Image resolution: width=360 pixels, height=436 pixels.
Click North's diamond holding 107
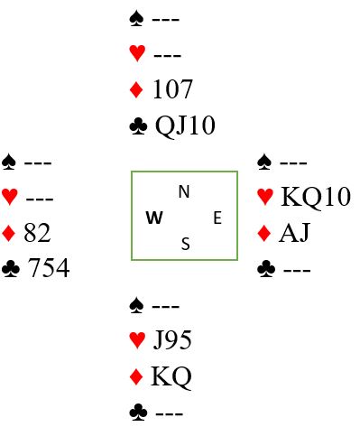pos(172,89)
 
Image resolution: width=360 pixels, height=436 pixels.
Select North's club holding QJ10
pos(185,125)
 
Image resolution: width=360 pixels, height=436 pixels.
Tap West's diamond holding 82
pos(37,233)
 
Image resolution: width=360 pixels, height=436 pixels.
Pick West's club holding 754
pos(49,268)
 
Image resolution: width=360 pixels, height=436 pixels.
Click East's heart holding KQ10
pos(316,197)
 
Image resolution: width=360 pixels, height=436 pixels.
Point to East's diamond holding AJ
pos(294,232)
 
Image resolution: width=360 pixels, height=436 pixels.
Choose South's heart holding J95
pos(172,339)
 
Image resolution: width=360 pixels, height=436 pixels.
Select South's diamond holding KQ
pos(171,376)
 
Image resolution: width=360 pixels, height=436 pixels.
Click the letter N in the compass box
pos(184,191)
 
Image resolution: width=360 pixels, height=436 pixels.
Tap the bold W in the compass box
pos(154,218)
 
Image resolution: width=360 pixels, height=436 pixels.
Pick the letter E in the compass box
pos(217,218)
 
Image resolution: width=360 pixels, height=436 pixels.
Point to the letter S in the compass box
pos(186,244)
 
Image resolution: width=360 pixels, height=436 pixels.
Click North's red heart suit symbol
pos(137,53)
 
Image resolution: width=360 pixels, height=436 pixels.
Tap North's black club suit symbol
pos(138,125)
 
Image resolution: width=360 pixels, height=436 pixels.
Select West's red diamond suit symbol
pos(8,233)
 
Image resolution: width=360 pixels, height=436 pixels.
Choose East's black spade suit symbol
pos(264,162)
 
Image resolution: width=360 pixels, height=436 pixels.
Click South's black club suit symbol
pos(138,413)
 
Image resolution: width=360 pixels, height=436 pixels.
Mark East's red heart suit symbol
pos(265,197)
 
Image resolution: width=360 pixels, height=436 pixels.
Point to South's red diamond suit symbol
pos(136,376)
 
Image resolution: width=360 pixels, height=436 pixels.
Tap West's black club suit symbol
pos(11,268)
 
